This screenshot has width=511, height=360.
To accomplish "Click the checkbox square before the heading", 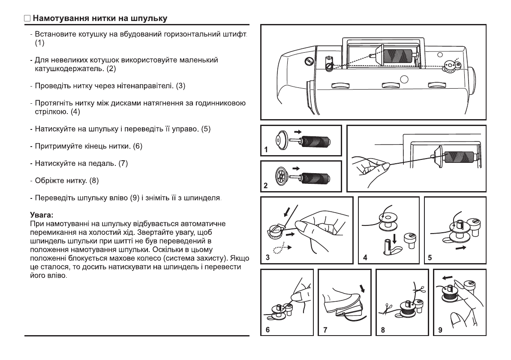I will coord(27,19).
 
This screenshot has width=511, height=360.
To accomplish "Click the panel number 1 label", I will coord(266,150).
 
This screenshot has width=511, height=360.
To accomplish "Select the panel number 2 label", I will coord(266,186).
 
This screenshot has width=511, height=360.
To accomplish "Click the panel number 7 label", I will coord(325,330).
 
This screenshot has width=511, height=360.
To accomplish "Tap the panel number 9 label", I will coord(440,330).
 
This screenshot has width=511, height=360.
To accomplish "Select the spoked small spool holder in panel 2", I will coord(282,176).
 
